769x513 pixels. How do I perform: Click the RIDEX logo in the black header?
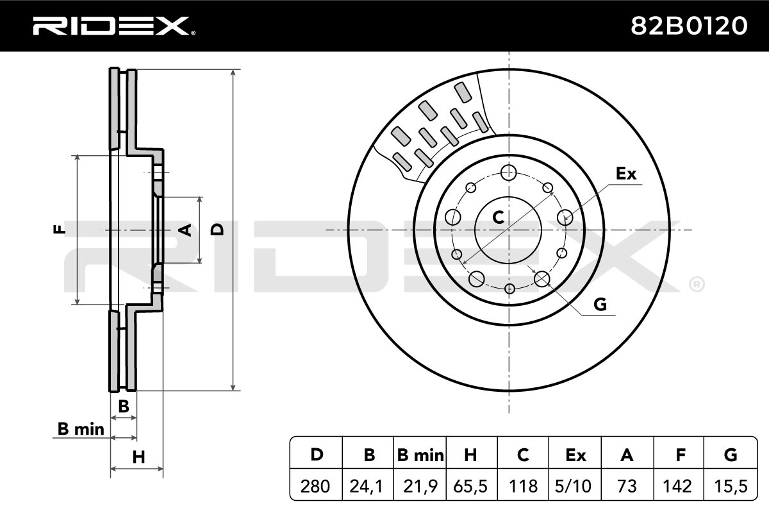coord(114,26)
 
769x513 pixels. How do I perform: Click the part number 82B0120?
coord(689,26)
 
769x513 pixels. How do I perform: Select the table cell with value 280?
coord(315,486)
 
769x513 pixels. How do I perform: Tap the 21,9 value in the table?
coord(420,486)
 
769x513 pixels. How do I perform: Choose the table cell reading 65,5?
coord(470,486)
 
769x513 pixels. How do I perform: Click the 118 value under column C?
coord(523,486)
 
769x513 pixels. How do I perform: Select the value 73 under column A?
coord(627,486)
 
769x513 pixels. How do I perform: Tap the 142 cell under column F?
coord(678,486)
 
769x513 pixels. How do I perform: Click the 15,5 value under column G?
coord(731,486)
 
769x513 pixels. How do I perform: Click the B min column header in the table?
coord(420,455)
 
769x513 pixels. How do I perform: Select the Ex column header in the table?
coord(575,455)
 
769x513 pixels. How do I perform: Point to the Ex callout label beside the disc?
coord(626,174)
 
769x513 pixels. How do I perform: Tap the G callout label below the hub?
coord(600,305)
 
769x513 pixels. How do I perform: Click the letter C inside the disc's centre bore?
coord(498,217)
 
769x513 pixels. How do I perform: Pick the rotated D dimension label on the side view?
coord(217,229)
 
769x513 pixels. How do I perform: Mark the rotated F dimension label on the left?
coord(59,229)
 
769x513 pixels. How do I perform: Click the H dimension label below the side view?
coord(138,457)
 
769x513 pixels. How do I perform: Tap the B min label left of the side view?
coord(81,429)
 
